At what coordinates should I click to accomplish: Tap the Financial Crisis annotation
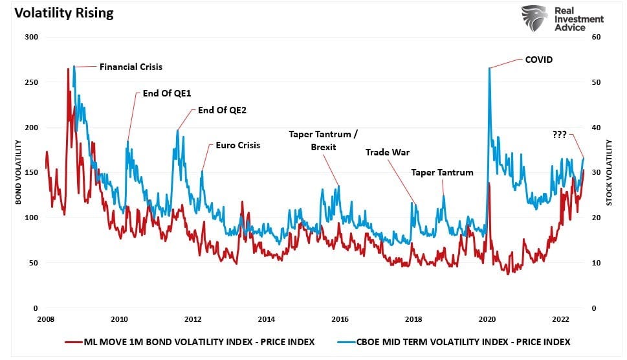pos(131,67)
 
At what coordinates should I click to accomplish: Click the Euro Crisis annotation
pos(237,145)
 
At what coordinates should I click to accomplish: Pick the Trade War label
pos(388,152)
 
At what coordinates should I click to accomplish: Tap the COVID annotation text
pos(538,60)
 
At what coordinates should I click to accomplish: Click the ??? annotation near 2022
pos(560,135)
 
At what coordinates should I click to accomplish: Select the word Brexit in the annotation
pos(324,147)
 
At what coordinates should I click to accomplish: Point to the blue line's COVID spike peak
pos(489,68)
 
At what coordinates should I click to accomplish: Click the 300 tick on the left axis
pos(32,38)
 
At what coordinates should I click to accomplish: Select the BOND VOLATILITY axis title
pos(18,173)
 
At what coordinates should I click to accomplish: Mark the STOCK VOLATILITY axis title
pos(609,173)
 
